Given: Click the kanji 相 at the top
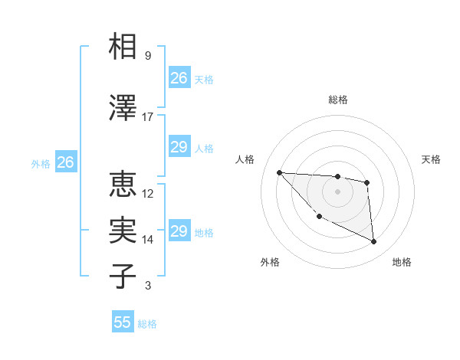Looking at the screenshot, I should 123,47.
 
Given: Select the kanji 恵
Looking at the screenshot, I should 123,184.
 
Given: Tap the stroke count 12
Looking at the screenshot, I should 148,194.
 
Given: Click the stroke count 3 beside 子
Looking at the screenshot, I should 148,286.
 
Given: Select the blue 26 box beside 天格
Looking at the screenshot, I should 179,78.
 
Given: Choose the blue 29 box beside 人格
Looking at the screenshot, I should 179,148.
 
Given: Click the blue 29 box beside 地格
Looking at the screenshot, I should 179,232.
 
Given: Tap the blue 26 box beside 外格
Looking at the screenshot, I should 65,162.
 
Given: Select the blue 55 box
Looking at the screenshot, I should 123,322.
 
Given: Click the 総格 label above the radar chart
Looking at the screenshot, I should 337,100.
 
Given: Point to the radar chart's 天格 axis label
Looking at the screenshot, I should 431,159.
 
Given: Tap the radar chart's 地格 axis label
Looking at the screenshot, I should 402,263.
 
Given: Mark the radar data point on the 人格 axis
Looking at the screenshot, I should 279,172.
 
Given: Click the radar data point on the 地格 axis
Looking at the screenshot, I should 373,242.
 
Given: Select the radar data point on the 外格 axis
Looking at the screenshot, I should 319,217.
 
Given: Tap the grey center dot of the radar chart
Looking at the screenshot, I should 337,191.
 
